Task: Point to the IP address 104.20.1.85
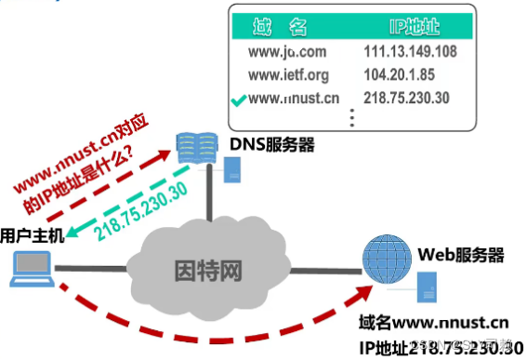point(406,73)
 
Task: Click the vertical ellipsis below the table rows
point(351,117)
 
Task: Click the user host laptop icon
point(29,268)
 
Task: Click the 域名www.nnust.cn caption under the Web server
point(434,323)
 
